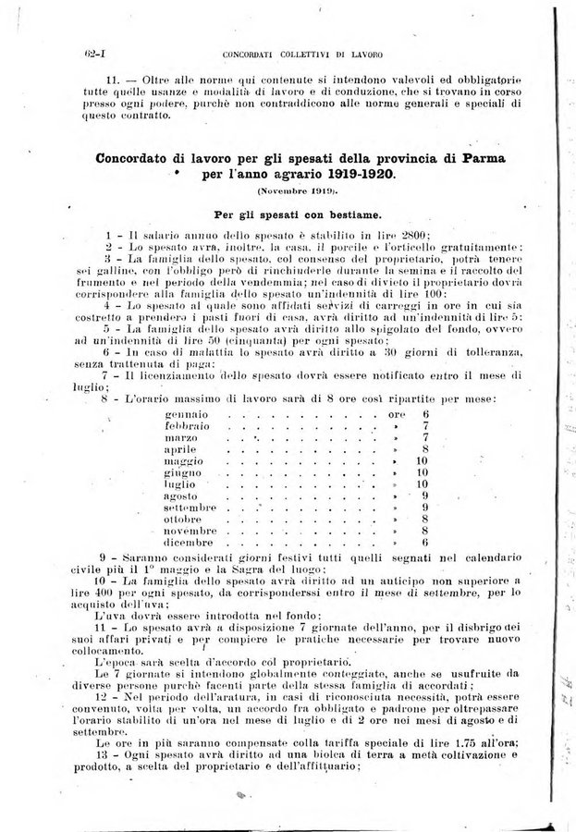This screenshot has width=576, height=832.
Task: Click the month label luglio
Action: [182, 483]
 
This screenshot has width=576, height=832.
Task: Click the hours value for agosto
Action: [423, 496]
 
